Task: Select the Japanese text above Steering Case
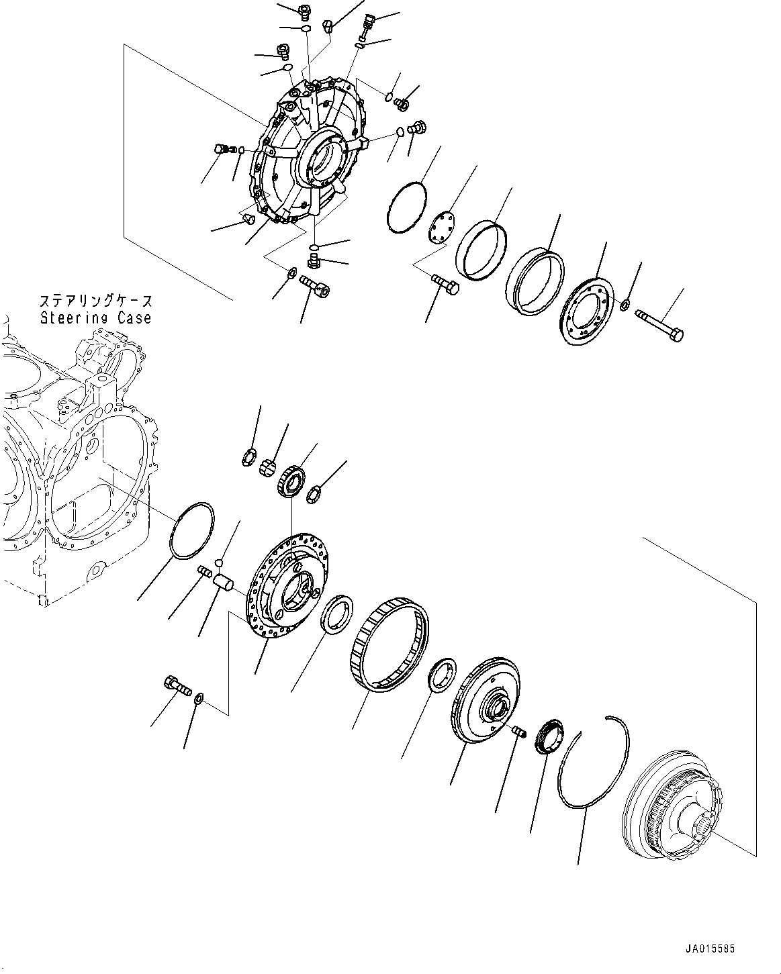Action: [96, 301]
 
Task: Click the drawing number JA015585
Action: [710, 949]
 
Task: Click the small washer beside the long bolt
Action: [624, 306]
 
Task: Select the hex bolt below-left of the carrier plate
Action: [176, 686]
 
